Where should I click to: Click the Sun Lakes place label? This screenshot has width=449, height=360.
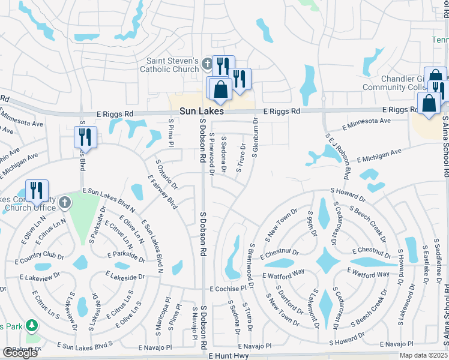point(202,112)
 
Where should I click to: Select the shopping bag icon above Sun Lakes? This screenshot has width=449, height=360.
point(220,89)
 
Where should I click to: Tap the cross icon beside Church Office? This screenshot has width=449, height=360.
point(65,202)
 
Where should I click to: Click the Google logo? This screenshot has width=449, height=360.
point(20,353)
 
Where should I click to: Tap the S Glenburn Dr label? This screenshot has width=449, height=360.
point(255,137)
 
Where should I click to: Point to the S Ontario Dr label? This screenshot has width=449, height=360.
point(166,174)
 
